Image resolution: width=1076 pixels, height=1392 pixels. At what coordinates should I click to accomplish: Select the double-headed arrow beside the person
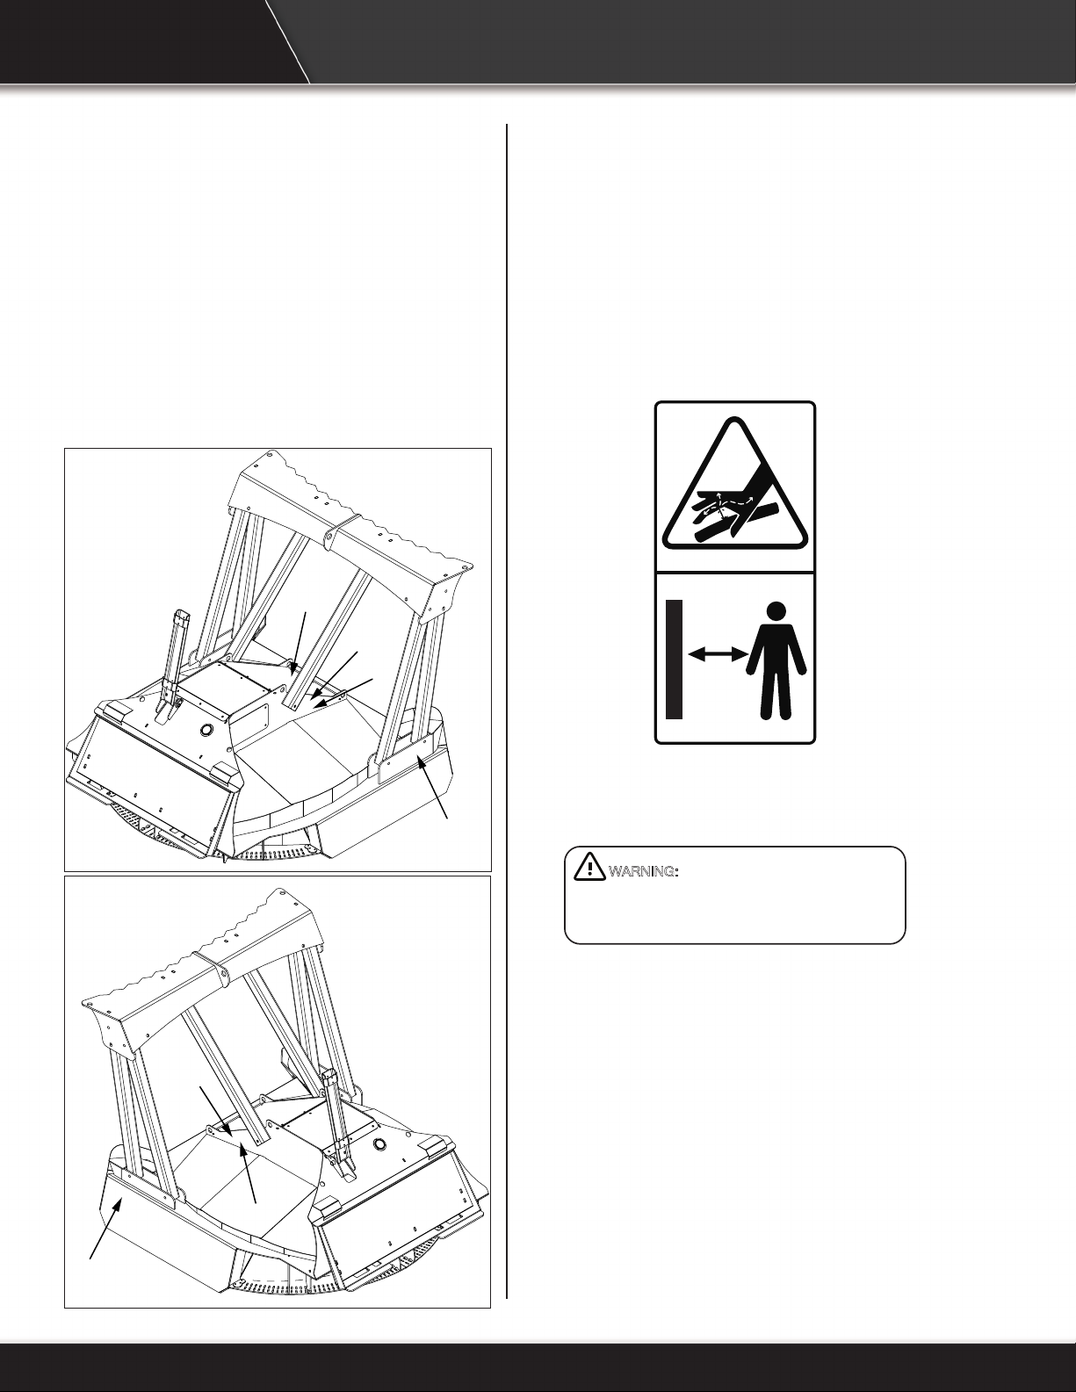pyautogui.click(x=719, y=653)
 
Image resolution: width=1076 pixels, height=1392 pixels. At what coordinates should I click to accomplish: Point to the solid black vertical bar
pyautogui.click(x=674, y=660)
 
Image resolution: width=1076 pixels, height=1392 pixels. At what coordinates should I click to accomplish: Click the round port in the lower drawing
pyautogui.click(x=381, y=1144)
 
